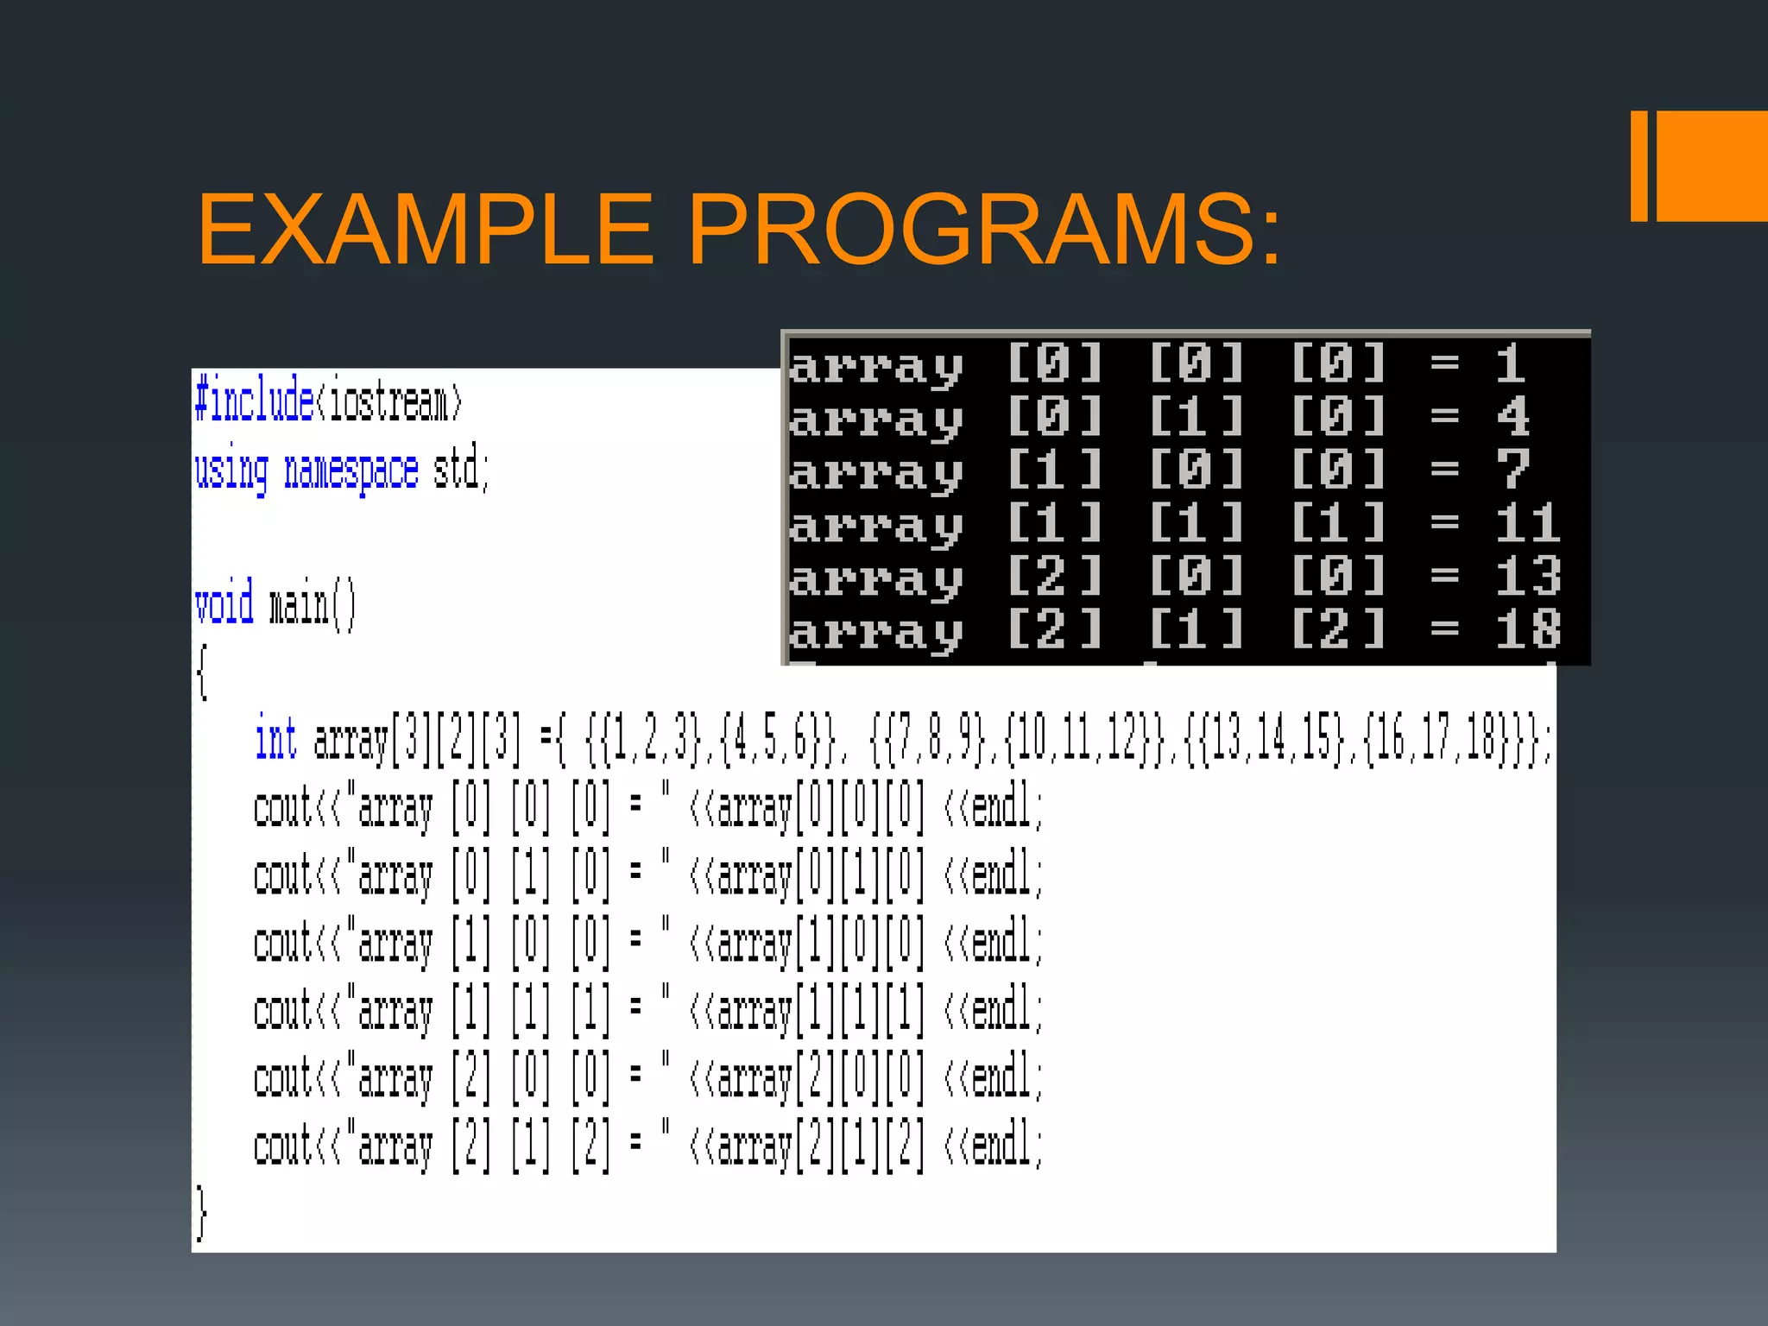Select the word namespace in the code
coord(351,470)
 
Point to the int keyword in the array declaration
coord(275,740)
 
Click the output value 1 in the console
coord(1510,363)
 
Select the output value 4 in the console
coord(1512,417)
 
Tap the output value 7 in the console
coord(1512,470)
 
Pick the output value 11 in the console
coord(1527,523)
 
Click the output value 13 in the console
coord(1527,576)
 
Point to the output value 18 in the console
coord(1527,629)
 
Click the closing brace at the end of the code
coord(201,1213)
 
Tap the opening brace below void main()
coord(202,672)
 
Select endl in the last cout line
coord(1001,1146)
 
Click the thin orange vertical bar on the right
coord(1639,166)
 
